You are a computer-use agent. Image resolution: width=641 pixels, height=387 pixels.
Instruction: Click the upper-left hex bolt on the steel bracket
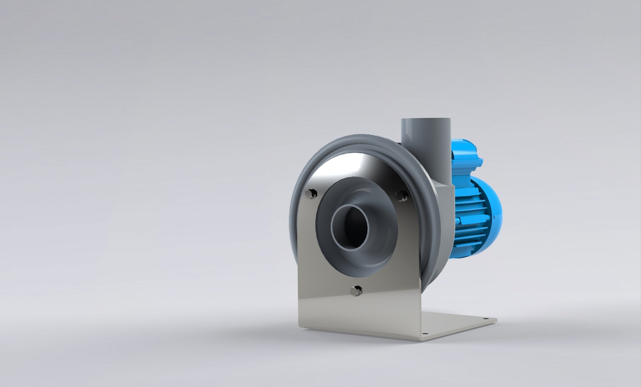311,194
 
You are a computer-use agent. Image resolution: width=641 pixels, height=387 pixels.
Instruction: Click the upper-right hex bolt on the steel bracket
401,196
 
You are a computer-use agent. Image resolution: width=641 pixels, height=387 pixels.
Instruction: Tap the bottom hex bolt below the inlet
356,291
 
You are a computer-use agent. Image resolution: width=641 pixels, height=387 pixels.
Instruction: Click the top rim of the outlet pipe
426,120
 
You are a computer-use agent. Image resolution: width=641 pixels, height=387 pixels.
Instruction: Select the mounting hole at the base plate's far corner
485,319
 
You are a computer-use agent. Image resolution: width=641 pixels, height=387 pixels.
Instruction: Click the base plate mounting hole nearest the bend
425,333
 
